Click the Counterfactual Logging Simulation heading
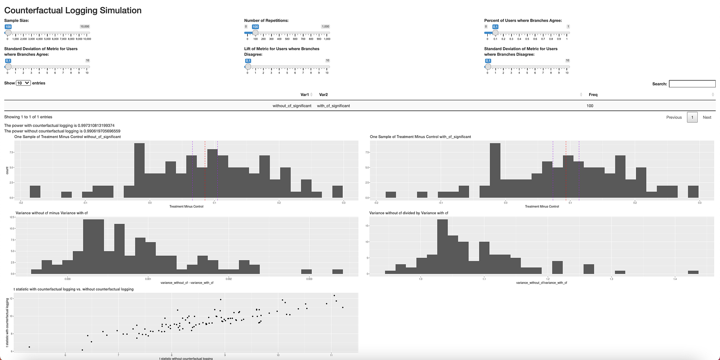[73, 11]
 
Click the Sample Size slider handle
[8, 33]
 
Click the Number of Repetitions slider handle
[255, 33]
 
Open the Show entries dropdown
[23, 83]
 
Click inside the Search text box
[692, 84]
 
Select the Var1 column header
[305, 95]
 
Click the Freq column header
[593, 95]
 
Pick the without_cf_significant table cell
[292, 106]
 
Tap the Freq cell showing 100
[590, 106]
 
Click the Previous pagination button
[674, 118]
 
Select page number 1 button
[692, 118]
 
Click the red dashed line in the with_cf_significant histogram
[566, 172]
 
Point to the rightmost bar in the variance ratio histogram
[693, 272]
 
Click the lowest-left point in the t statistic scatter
[29, 347]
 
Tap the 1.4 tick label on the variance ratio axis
[675, 279]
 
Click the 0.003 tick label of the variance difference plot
[309, 279]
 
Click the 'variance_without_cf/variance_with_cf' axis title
[541, 283]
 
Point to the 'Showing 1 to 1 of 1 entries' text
[28, 117]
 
